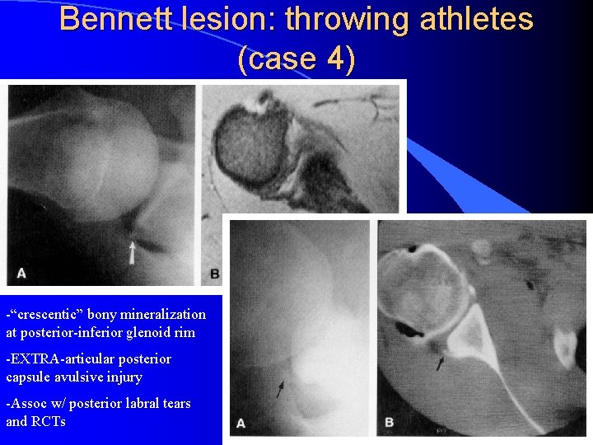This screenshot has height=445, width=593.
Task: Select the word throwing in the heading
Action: coord(331,20)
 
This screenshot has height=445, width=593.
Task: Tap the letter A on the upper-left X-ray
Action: coord(21,273)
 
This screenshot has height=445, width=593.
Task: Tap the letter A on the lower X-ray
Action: coord(241,423)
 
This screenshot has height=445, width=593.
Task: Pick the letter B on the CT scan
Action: coord(388,424)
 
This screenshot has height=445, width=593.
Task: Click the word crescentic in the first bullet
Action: coord(48,315)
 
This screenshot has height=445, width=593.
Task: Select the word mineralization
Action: coord(162,315)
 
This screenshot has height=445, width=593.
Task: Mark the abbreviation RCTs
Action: coord(49,421)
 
